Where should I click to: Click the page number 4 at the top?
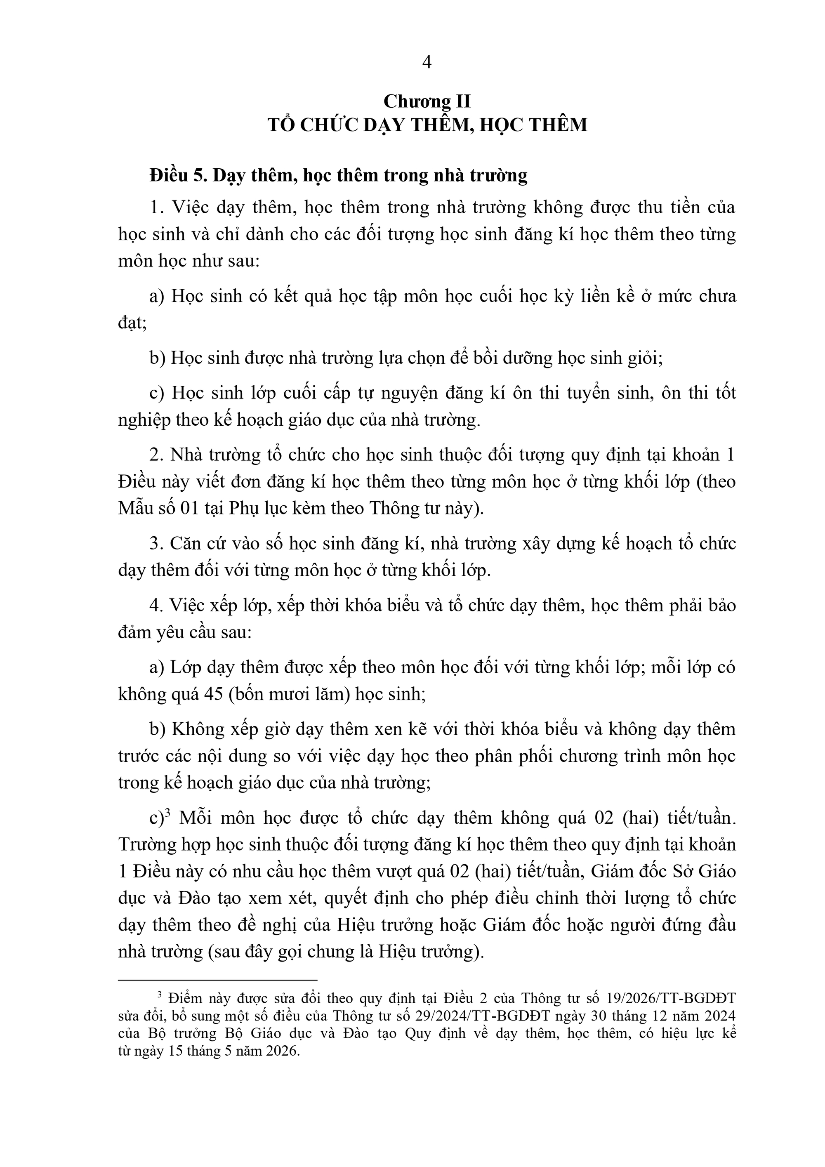427,63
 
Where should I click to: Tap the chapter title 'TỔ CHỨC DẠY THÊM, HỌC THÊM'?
427,125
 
